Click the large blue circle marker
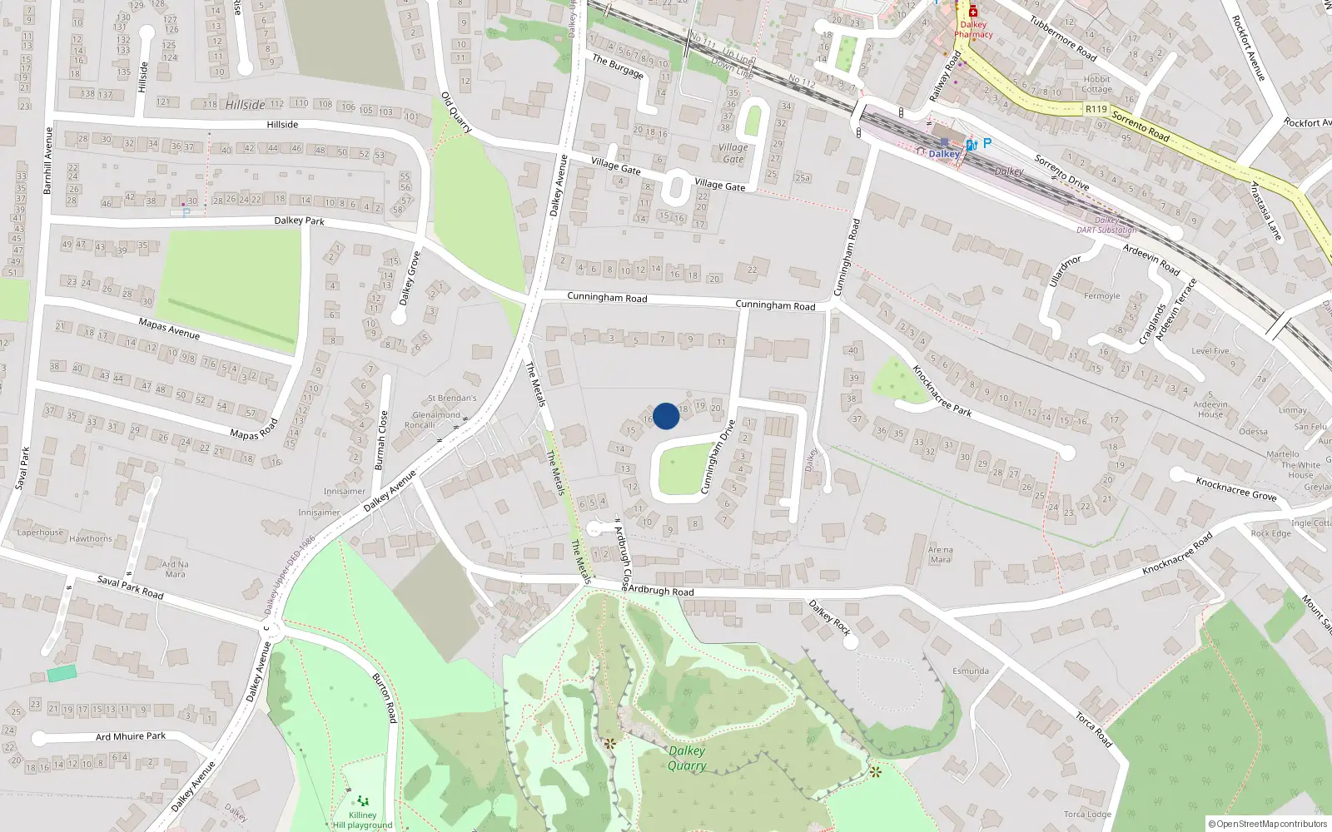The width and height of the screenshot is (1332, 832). (x=665, y=415)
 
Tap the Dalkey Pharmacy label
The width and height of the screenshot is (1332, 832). (x=972, y=29)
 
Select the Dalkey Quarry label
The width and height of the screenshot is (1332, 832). (x=687, y=758)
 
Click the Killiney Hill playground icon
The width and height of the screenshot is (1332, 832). (x=363, y=801)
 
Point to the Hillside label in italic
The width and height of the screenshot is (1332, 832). (x=245, y=105)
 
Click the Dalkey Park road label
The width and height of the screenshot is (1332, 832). (x=299, y=220)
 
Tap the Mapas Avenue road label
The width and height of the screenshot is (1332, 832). (x=169, y=328)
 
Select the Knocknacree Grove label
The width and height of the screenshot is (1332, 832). (x=1235, y=488)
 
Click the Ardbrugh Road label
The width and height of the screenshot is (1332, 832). (x=661, y=591)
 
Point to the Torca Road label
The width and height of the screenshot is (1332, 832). (x=1093, y=729)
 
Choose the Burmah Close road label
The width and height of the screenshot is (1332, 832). (x=381, y=440)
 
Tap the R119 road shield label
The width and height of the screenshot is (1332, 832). (x=1096, y=109)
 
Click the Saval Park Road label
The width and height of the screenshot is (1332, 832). (x=130, y=587)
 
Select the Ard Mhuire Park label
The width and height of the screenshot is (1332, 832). (x=131, y=736)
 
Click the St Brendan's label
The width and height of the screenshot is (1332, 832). (x=452, y=399)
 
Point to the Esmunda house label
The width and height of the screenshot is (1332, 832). (x=971, y=671)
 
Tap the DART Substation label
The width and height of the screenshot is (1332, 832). (x=1106, y=230)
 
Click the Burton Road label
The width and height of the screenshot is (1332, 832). (x=385, y=697)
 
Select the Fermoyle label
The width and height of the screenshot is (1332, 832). (x=1101, y=296)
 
